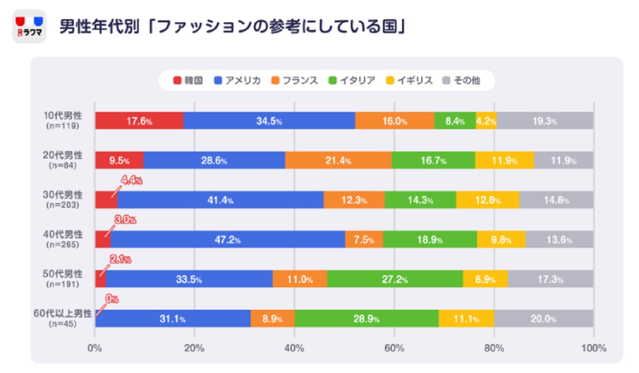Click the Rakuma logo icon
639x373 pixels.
[29, 27]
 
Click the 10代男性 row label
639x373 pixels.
[63, 116]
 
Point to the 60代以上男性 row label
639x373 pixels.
[62, 313]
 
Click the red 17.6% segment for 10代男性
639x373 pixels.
[139, 121]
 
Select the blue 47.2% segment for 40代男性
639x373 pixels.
[227, 239]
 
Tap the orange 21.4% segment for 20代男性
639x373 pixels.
[338, 160]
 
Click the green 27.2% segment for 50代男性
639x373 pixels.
[395, 279]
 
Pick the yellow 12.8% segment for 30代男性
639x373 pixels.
[487, 200]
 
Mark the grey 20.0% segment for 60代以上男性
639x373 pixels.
[543, 319]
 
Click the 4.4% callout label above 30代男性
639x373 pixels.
[131, 181]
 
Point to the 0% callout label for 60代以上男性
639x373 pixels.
[111, 300]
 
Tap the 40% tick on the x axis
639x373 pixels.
[294, 349]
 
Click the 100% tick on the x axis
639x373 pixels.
[594, 349]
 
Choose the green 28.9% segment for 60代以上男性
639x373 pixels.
[366, 319]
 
